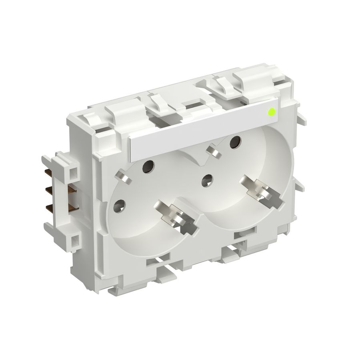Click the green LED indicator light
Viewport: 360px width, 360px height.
(x=272, y=112)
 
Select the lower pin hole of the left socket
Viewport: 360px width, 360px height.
(x=119, y=206)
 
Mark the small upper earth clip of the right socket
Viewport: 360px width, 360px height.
(x=212, y=151)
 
